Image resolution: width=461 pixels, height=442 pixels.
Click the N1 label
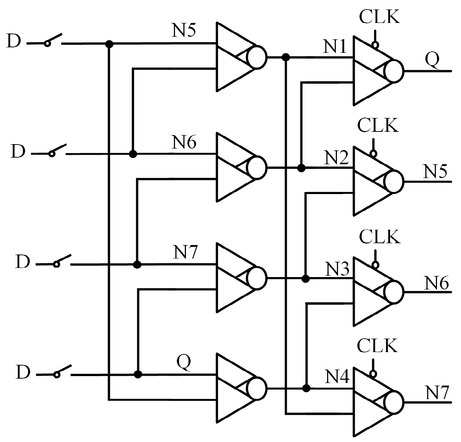[x=335, y=46]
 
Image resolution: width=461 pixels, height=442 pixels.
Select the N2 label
[x=337, y=158]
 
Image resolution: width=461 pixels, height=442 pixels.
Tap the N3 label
[x=337, y=269]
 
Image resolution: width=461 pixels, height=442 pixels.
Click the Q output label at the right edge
[x=432, y=60]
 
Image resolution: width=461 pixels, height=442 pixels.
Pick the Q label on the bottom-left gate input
[x=184, y=362]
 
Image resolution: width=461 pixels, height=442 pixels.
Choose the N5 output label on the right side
[x=435, y=171]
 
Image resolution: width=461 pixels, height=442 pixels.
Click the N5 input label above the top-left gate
[x=184, y=31]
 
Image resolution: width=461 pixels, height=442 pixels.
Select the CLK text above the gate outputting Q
[x=379, y=16]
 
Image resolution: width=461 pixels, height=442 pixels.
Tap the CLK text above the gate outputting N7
[x=377, y=346]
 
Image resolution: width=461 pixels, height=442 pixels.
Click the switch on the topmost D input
[x=53, y=40]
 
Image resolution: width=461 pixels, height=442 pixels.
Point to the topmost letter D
[x=14, y=42]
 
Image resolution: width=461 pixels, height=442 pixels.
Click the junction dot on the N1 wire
[x=286, y=57]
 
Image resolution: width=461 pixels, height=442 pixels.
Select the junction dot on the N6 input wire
[x=133, y=154]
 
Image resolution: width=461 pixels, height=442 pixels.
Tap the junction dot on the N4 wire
[x=306, y=388]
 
